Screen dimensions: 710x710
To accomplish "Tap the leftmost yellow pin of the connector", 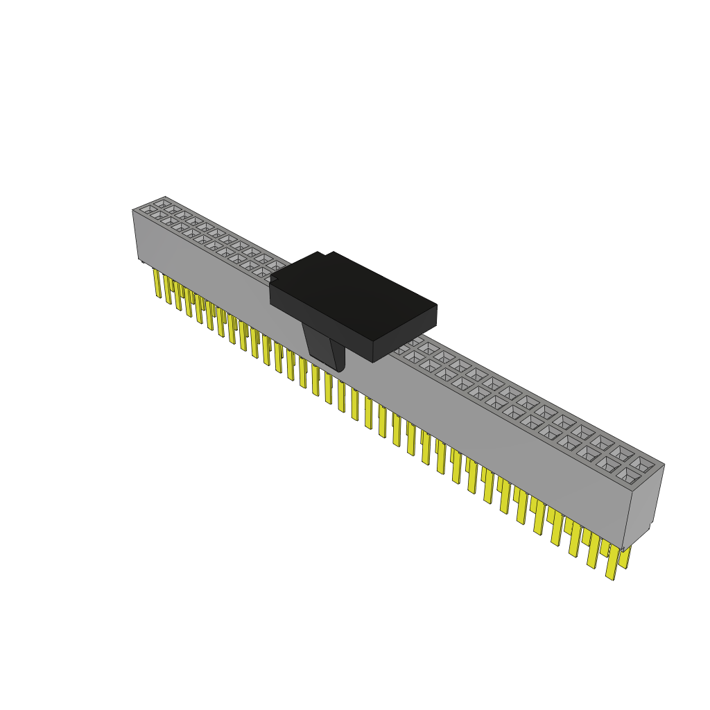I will pyautogui.click(x=157, y=284).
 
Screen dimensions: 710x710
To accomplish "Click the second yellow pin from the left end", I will pyautogui.click(x=167, y=290).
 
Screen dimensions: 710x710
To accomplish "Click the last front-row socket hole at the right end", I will pyautogui.click(x=628, y=475).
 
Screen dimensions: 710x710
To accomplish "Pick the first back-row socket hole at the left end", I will pyautogui.click(x=164, y=204).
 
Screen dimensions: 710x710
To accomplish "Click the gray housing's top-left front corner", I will pyautogui.click(x=133, y=210).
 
